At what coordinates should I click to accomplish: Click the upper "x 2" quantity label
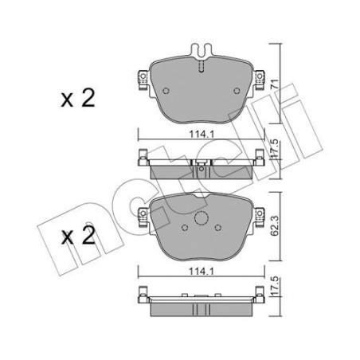[x=77, y=99]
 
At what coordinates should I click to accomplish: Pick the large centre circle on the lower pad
[x=202, y=221]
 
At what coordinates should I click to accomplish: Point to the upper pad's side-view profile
[x=201, y=167]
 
